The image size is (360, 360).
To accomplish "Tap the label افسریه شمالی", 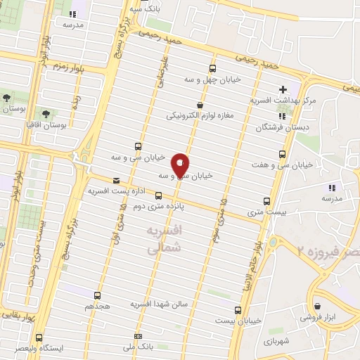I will [x=166, y=239].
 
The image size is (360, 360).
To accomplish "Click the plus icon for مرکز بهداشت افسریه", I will [x=283, y=89].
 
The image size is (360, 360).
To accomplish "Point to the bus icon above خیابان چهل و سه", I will [x=212, y=68].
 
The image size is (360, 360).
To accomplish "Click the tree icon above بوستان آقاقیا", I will [x=46, y=112].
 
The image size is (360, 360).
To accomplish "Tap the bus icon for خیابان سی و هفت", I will [x=283, y=154].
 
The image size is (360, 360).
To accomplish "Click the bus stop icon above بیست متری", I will [x=265, y=200].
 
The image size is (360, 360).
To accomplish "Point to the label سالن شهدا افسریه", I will [x=162, y=304].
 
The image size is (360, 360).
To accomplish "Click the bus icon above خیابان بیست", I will [x=237, y=309].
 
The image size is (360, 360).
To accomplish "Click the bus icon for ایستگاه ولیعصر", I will [x=39, y=337].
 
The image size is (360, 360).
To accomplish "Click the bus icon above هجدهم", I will [x=97, y=296].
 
